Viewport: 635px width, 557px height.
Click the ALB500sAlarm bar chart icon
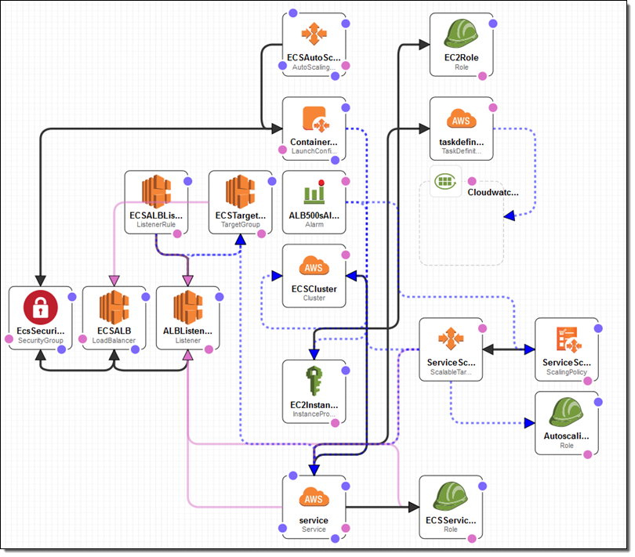click(x=314, y=194)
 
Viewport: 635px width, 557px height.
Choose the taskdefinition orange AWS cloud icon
click(x=462, y=121)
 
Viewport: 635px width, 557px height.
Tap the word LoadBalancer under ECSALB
click(x=114, y=341)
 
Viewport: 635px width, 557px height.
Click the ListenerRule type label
click(x=156, y=224)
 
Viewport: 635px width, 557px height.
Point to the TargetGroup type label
click(x=240, y=224)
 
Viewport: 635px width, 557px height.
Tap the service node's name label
click(x=314, y=519)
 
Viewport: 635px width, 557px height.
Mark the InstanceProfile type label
click(x=314, y=415)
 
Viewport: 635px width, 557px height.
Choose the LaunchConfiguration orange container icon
click(x=314, y=120)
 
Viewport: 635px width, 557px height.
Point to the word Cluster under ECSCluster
click(x=314, y=298)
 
